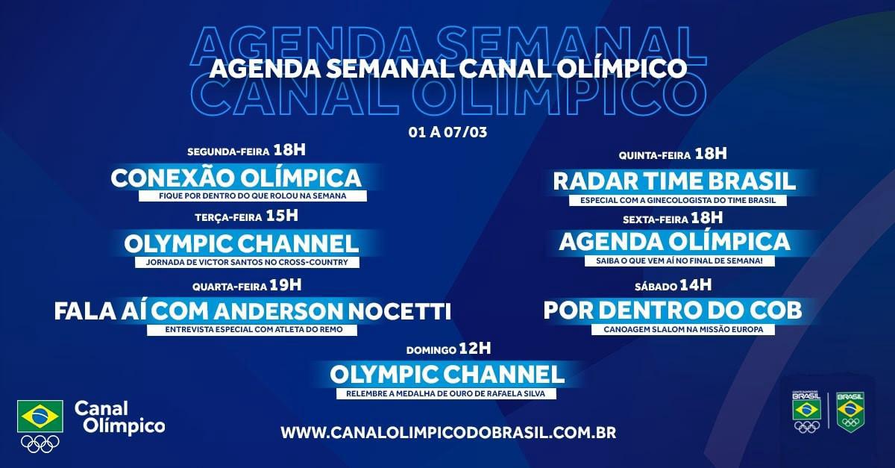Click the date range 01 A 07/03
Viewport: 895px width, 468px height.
click(x=447, y=132)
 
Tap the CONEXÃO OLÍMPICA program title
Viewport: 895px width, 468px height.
click(x=236, y=178)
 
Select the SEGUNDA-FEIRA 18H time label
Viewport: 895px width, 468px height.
click(x=247, y=151)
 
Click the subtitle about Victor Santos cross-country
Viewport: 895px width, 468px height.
click(x=247, y=263)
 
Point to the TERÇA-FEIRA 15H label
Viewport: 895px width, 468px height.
click(x=247, y=216)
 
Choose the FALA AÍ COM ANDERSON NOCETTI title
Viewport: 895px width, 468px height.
click(x=253, y=311)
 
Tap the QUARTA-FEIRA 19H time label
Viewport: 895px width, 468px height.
click(x=247, y=286)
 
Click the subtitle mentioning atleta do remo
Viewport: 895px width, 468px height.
click(x=254, y=330)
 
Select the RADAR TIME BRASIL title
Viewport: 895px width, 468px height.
click(x=674, y=181)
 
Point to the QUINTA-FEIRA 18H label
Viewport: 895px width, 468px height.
click(x=673, y=154)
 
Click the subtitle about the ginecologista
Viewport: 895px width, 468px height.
click(x=678, y=200)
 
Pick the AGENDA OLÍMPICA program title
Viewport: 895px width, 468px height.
click(x=674, y=242)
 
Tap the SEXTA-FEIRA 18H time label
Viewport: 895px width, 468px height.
click(x=673, y=219)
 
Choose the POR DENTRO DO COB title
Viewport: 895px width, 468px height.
click(x=673, y=311)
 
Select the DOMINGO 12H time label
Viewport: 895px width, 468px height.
click(x=449, y=349)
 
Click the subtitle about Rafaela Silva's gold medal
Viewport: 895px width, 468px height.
click(x=445, y=393)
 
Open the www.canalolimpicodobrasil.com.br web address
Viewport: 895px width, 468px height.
click(x=448, y=432)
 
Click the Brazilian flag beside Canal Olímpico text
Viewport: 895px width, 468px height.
click(x=40, y=416)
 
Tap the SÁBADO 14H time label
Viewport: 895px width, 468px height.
click(x=673, y=286)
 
